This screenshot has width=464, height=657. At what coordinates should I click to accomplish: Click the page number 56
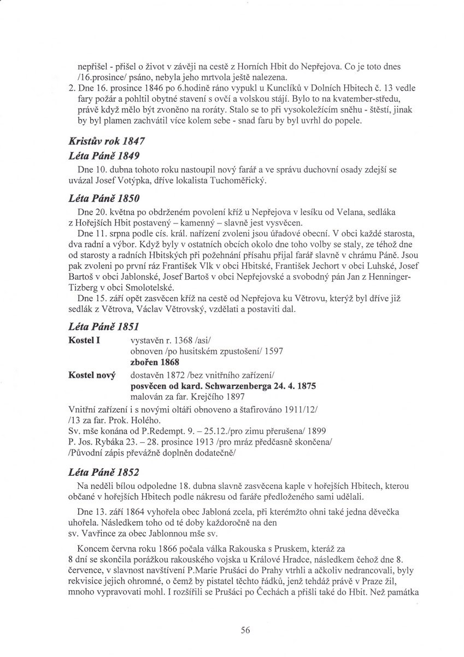(245, 630)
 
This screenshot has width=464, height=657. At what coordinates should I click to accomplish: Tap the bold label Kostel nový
(92, 376)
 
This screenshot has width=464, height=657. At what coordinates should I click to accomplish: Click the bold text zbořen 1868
(155, 362)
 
